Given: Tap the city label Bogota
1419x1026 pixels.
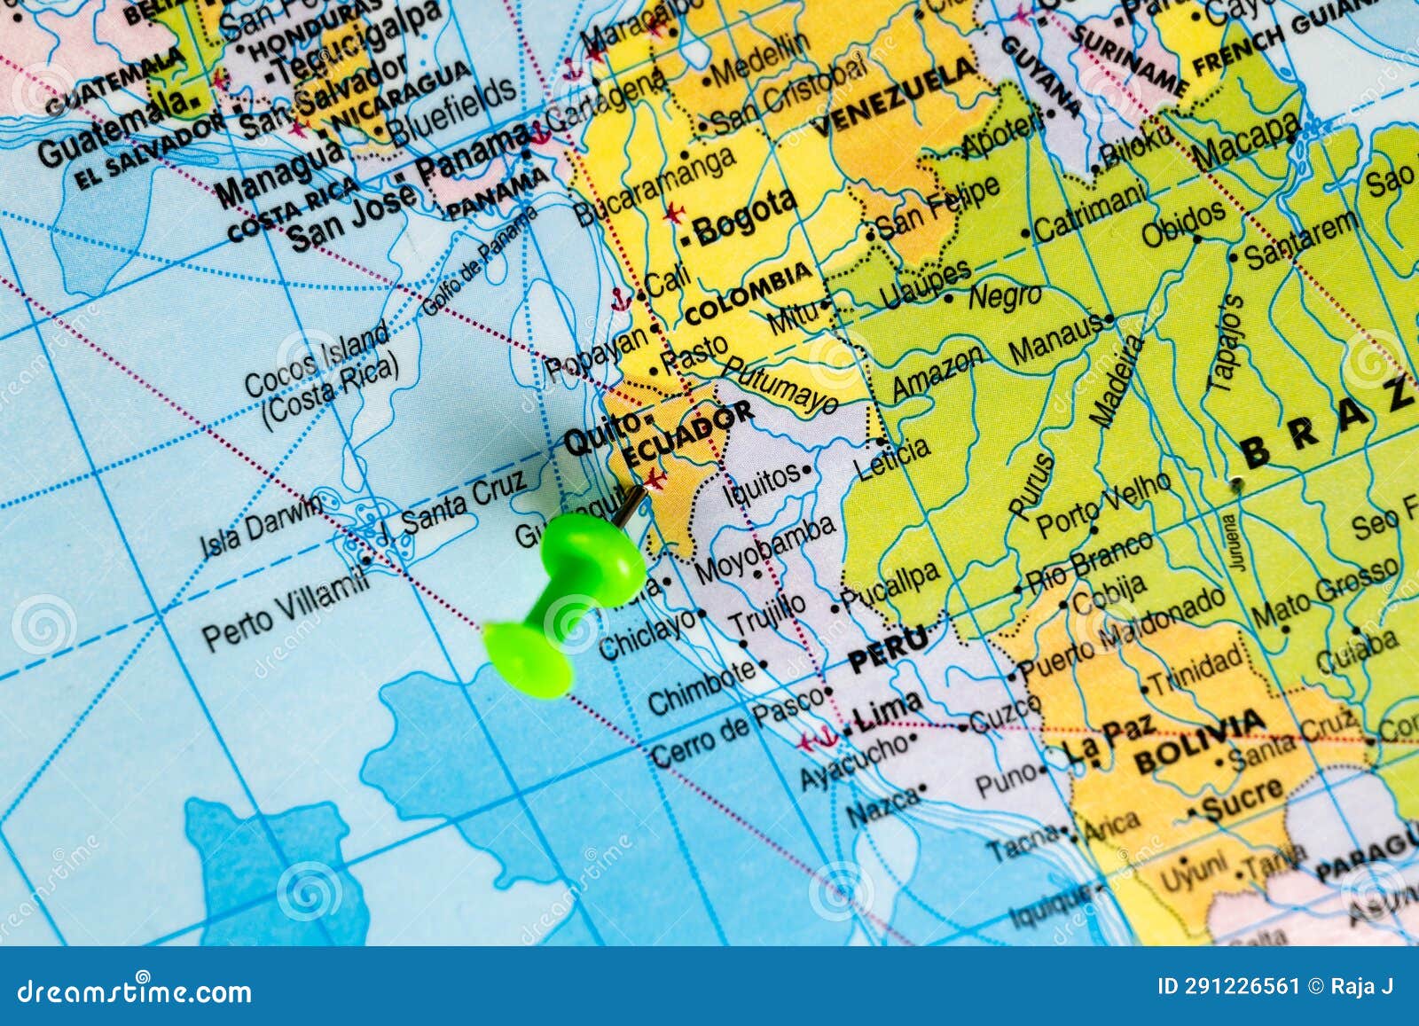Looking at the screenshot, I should [x=743, y=215].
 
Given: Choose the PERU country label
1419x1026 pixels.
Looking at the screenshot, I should [x=887, y=651].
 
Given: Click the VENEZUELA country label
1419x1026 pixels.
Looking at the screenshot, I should [x=895, y=97].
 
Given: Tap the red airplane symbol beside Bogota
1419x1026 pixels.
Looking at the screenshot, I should [x=674, y=213].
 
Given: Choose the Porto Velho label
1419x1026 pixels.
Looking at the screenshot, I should [x=1104, y=506].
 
